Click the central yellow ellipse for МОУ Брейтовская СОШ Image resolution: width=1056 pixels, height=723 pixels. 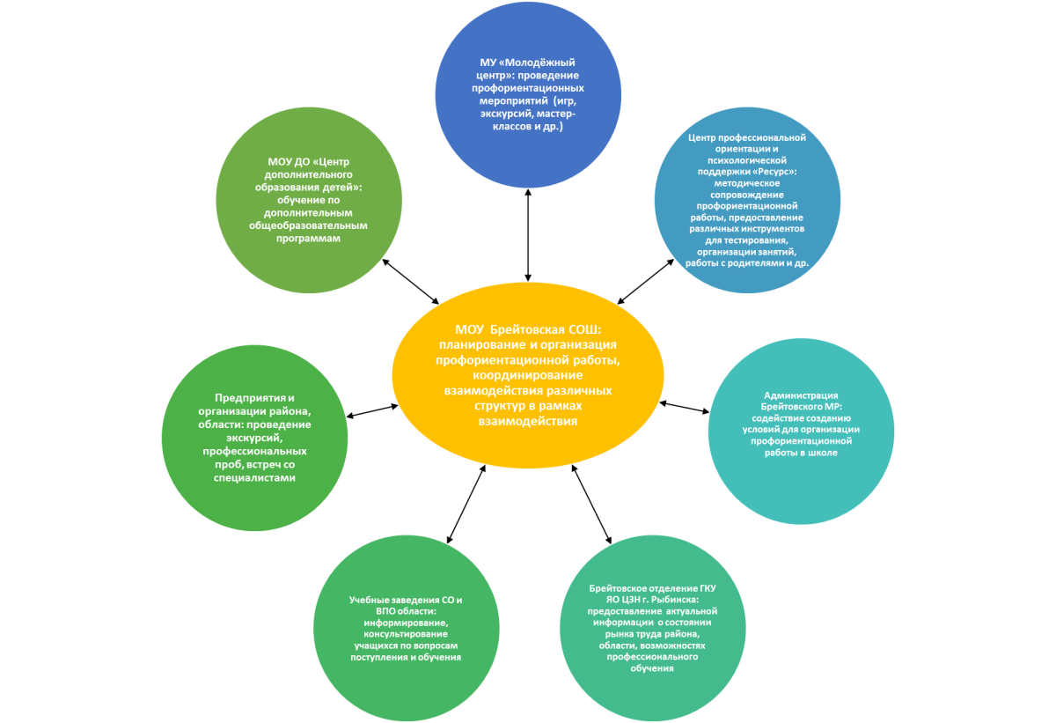528,375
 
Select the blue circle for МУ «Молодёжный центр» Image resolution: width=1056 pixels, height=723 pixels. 528,94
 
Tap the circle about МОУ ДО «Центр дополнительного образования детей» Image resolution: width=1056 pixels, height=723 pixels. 309,200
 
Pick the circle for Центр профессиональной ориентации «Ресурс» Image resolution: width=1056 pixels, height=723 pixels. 747,200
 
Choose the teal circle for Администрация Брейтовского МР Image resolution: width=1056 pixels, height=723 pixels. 801,431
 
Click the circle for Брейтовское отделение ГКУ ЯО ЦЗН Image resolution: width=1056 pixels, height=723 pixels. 652,628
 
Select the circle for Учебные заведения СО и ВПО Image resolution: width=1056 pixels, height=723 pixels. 406,628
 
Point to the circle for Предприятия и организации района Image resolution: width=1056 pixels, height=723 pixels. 254,438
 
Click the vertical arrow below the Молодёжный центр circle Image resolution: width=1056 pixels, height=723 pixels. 528,235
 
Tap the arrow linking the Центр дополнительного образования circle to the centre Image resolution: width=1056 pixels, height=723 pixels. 410,282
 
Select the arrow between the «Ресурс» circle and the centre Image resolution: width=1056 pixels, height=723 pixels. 645,282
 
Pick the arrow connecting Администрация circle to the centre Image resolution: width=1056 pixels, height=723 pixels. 684,408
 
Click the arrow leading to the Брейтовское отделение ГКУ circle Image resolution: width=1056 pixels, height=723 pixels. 591,505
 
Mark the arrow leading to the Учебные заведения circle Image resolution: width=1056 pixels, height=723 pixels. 466,505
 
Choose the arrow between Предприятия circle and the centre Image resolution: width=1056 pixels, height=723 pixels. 372,410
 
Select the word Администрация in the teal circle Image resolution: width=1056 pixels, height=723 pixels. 801,395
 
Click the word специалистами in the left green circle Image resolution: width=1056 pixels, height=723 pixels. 254,478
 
